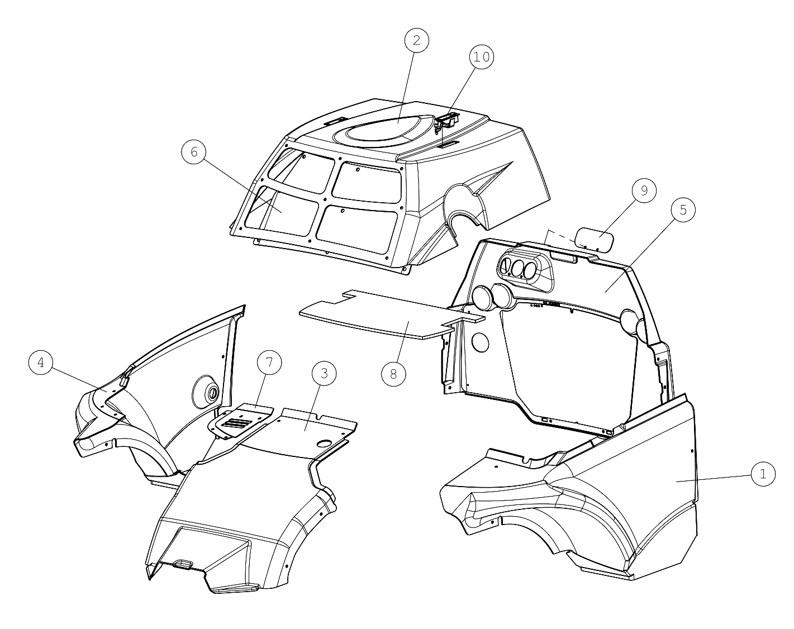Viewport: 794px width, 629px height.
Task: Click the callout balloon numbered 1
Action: [x=763, y=474]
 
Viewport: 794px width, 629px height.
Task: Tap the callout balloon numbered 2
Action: [x=416, y=41]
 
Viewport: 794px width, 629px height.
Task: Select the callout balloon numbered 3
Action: [x=324, y=374]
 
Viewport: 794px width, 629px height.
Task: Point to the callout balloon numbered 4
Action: [x=41, y=363]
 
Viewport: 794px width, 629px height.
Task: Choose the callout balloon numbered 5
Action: [x=683, y=210]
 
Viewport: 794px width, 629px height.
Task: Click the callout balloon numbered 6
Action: [x=194, y=152]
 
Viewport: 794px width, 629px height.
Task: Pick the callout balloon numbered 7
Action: [x=269, y=363]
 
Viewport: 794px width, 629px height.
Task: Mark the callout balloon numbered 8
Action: [x=393, y=374]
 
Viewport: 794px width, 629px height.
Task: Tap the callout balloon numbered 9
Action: [x=644, y=190]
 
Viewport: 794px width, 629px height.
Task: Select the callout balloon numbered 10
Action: [x=482, y=57]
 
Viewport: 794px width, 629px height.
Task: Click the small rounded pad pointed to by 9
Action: [x=595, y=240]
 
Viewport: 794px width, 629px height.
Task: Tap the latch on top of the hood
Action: [x=447, y=121]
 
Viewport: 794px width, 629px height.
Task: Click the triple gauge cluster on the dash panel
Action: [x=524, y=269]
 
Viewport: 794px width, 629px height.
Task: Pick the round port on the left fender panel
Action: [x=207, y=393]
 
